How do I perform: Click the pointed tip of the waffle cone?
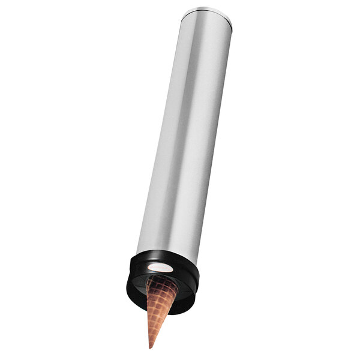tap(150, 347)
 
